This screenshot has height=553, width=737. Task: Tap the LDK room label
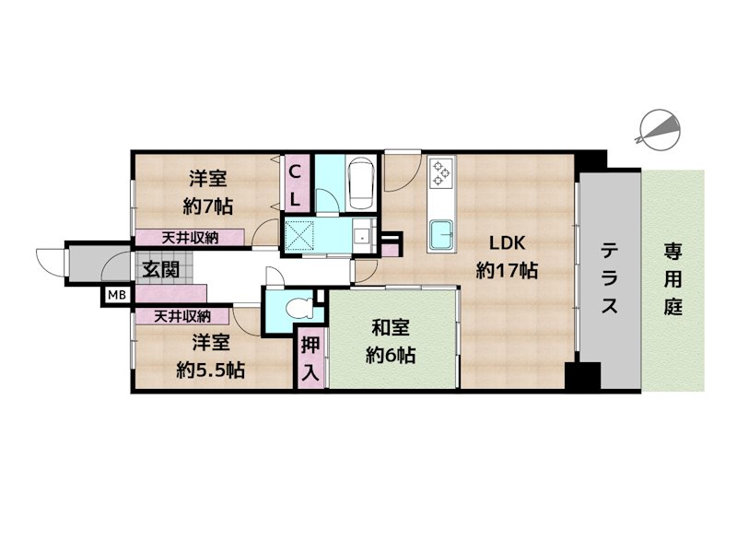coord(506,244)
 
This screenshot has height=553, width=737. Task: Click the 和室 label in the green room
coord(391,327)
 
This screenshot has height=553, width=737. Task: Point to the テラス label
coord(610,279)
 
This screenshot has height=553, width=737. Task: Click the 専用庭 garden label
coord(673,279)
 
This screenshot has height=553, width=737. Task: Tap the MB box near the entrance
coord(115,295)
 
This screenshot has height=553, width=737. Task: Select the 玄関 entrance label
coord(155,269)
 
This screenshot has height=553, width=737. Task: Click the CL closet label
coord(296,183)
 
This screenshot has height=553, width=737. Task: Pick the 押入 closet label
coord(310,359)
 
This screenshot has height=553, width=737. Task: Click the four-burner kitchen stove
coord(440,172)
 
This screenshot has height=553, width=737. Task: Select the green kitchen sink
coord(442,234)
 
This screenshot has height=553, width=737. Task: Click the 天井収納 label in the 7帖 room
coord(190,238)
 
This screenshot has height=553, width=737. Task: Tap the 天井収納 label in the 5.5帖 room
coord(181,316)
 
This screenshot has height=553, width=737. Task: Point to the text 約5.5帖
coord(210,371)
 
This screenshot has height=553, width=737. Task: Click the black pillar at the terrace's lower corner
coord(582,377)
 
